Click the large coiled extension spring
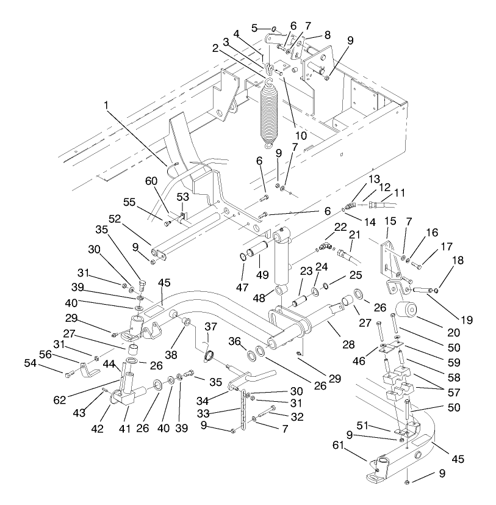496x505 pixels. click(x=268, y=113)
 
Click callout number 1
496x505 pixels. click(x=107, y=106)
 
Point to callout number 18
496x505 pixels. click(x=456, y=260)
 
